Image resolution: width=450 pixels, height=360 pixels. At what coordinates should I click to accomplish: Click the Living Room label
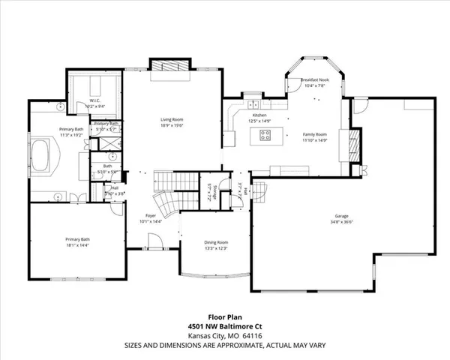[172, 119]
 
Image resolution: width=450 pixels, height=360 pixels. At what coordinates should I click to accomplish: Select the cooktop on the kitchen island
[265, 135]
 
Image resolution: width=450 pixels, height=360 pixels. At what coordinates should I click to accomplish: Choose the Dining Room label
[216, 242]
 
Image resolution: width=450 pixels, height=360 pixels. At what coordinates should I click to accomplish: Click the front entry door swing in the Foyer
[155, 244]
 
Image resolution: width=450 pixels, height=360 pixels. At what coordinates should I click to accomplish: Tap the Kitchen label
[259, 115]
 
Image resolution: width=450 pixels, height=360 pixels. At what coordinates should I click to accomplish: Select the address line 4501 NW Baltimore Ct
[224, 328]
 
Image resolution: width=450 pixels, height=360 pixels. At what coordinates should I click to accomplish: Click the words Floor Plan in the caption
[224, 318]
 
